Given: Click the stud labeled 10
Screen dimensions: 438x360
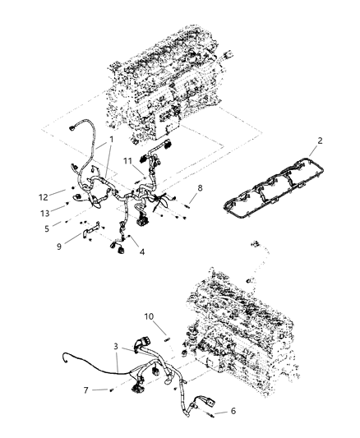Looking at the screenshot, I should click(164, 334).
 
